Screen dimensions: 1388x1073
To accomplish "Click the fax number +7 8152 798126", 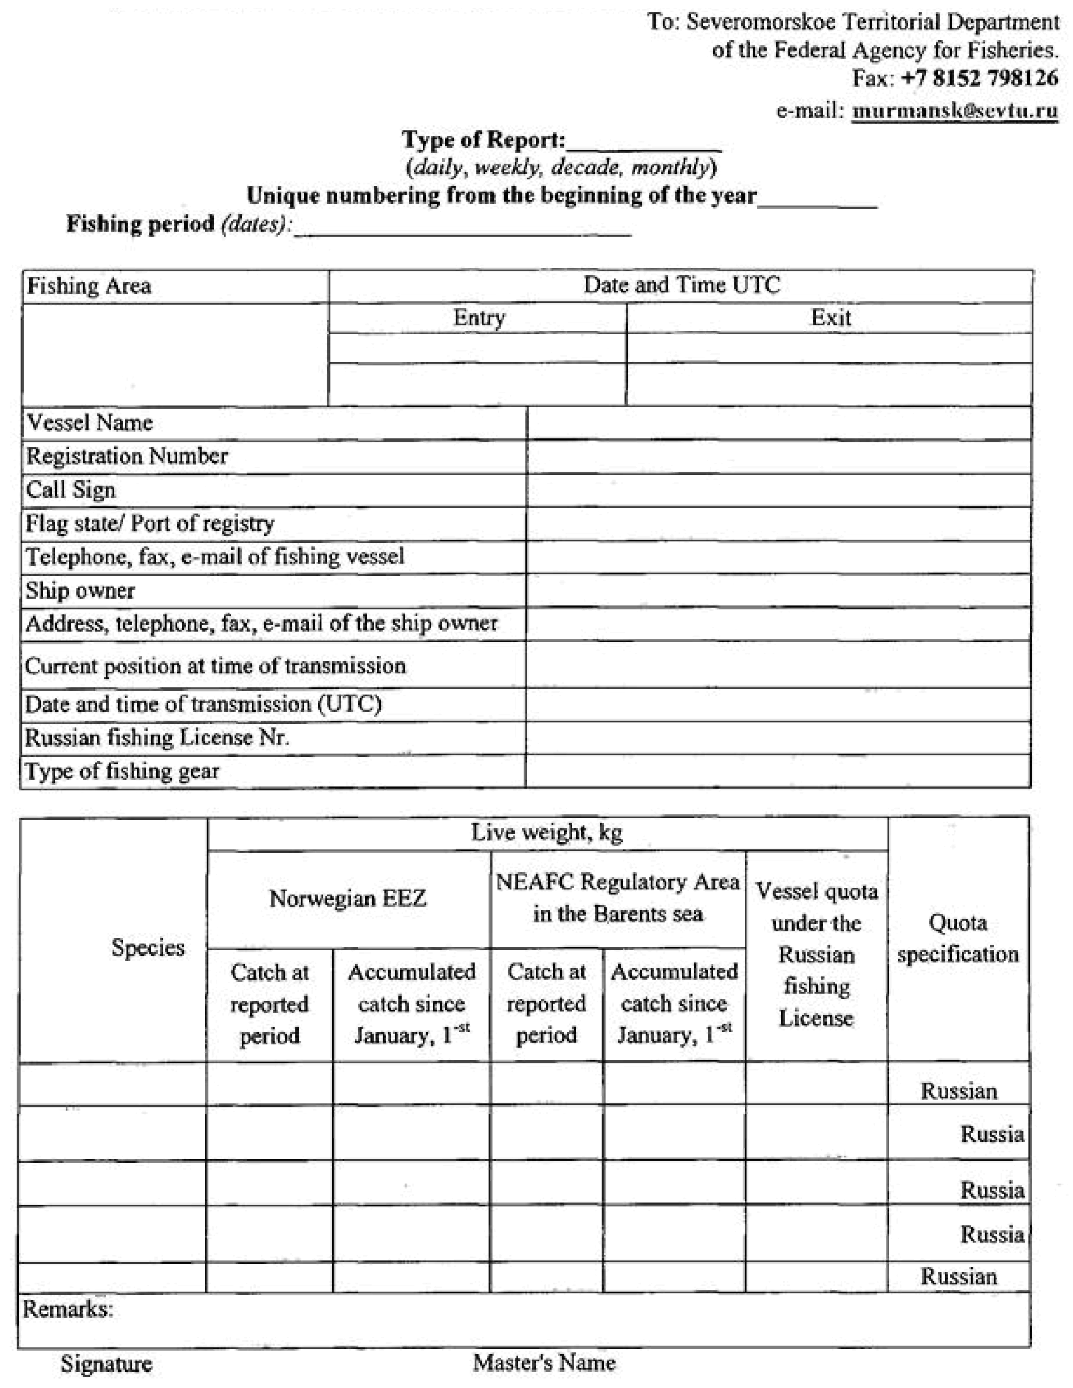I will (979, 78).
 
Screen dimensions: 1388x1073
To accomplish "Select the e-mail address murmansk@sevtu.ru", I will (955, 111).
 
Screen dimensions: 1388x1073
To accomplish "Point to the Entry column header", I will (479, 317).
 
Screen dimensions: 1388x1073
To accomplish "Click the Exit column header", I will (830, 317).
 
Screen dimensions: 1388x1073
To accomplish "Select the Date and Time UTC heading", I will (681, 285).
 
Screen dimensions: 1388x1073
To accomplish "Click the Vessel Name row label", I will (90, 423).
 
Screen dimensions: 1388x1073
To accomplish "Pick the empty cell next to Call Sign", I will (779, 490).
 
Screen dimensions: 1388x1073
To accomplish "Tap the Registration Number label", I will (126, 456).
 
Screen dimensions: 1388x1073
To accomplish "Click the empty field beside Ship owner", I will (779, 590).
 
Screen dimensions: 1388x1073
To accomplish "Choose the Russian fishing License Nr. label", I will (157, 737).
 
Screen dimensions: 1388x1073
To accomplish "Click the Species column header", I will (148, 947).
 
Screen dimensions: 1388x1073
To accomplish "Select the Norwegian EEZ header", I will (348, 898).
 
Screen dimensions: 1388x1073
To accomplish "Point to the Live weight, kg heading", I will (547, 832).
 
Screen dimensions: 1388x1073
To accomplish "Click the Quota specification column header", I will (958, 938).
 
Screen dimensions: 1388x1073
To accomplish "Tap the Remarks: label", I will (68, 1309).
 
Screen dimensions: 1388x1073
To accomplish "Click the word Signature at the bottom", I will (106, 1364).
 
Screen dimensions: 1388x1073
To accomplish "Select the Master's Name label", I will (544, 1362).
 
